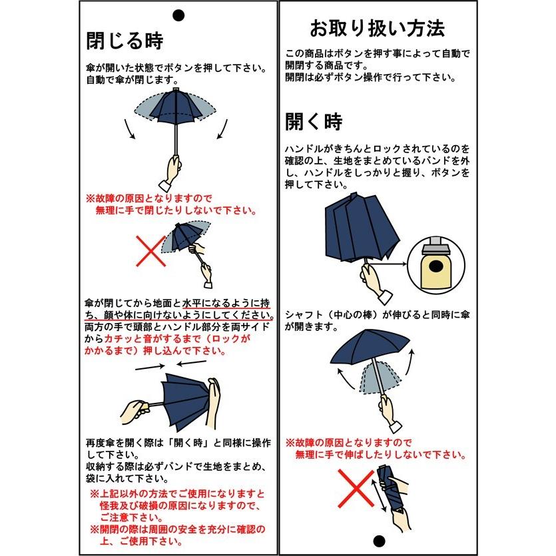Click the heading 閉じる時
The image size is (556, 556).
(x=125, y=41)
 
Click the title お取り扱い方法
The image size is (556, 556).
(x=378, y=29)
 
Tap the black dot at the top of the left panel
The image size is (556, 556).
(x=178, y=14)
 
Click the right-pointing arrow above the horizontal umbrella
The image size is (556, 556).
(x=150, y=367)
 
